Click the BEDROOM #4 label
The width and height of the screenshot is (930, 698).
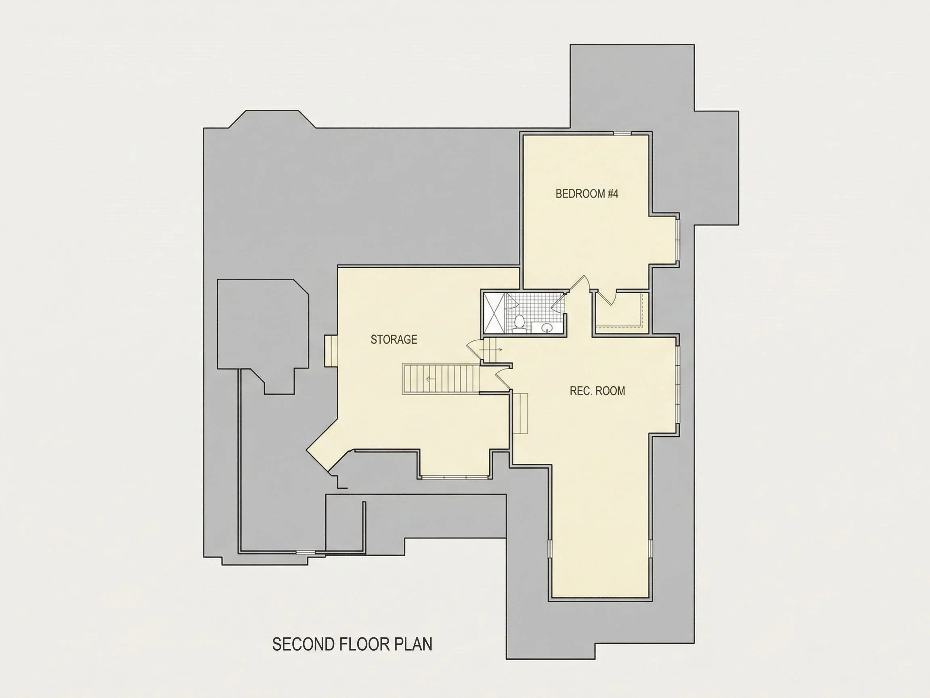coord(587,194)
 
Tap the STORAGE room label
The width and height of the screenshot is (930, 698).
coord(394,340)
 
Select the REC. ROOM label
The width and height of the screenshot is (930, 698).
coord(597,391)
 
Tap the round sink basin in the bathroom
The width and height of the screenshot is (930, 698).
coord(547,327)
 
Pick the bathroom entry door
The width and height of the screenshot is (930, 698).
coord(558,302)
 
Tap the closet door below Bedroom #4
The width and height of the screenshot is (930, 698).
coord(607,297)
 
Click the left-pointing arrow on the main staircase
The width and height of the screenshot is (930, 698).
coord(431,379)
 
